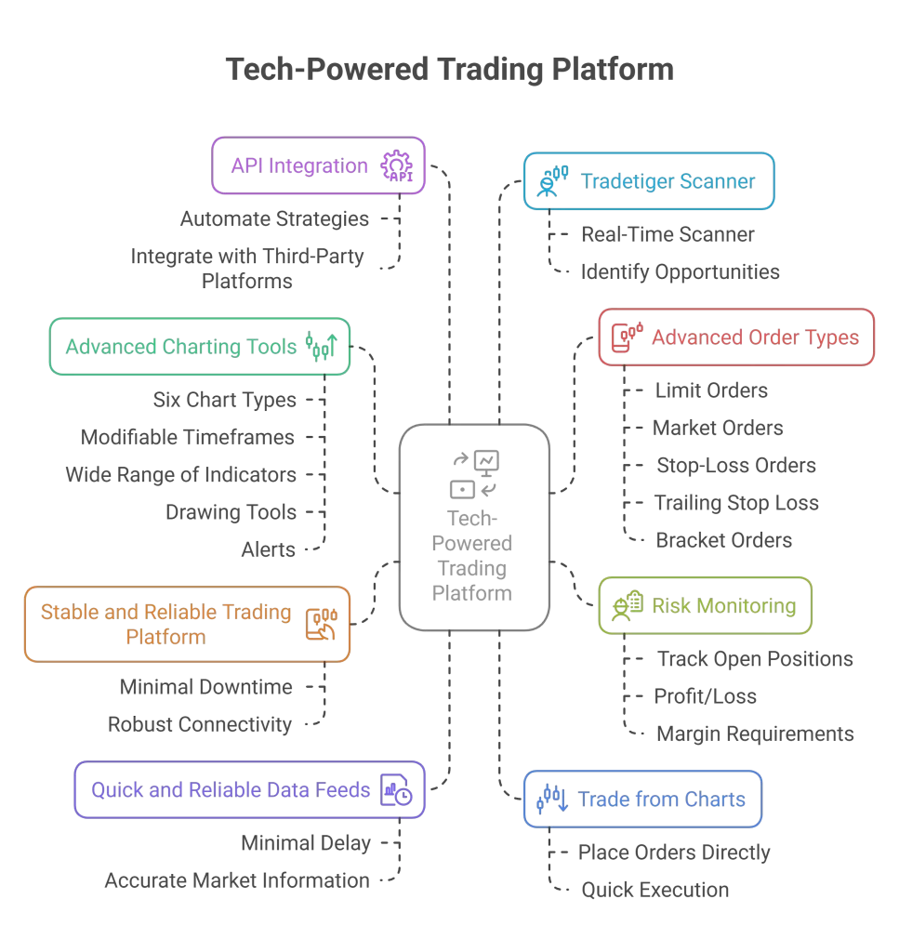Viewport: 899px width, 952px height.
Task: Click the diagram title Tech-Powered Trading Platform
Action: tap(450, 70)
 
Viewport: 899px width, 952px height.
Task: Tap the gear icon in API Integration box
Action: tap(398, 166)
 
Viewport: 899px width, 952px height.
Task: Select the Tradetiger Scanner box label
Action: tap(668, 180)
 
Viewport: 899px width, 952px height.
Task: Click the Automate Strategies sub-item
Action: tap(274, 219)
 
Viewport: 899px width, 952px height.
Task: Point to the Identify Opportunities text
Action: tap(680, 271)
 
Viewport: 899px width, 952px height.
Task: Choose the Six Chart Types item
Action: tap(225, 400)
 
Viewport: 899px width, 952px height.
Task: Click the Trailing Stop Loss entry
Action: tap(735, 503)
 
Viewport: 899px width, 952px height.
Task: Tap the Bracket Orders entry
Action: tap(723, 540)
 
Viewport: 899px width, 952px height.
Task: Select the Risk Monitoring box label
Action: tap(723, 606)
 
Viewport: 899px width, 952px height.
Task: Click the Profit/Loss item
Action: tap(705, 696)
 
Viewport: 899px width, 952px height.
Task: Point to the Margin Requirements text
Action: tap(755, 734)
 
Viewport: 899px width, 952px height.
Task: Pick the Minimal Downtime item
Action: tap(205, 687)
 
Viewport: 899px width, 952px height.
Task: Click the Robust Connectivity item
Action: tap(200, 724)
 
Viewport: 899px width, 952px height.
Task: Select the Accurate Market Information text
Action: tap(237, 880)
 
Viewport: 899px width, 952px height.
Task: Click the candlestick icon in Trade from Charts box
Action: tap(551, 799)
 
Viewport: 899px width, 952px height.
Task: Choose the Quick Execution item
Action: tap(654, 890)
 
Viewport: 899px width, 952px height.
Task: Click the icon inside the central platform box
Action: tap(474, 473)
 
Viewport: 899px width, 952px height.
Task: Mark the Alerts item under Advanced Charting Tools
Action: tap(269, 549)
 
